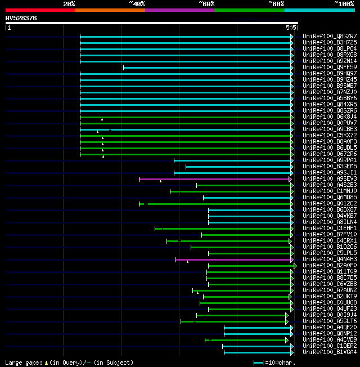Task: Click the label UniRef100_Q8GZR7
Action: (330, 37)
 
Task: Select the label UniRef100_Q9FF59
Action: (330, 68)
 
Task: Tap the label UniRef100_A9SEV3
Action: (330, 179)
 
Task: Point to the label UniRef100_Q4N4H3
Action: (330, 259)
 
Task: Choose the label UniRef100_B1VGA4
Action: (330, 352)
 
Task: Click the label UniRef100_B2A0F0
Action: (330, 266)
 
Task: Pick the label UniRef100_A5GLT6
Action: (330, 321)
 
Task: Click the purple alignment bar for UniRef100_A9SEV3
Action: (214, 179)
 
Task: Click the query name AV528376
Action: (21, 18)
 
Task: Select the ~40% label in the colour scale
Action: (136, 3)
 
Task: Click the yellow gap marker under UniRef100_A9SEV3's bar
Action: (160, 182)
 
